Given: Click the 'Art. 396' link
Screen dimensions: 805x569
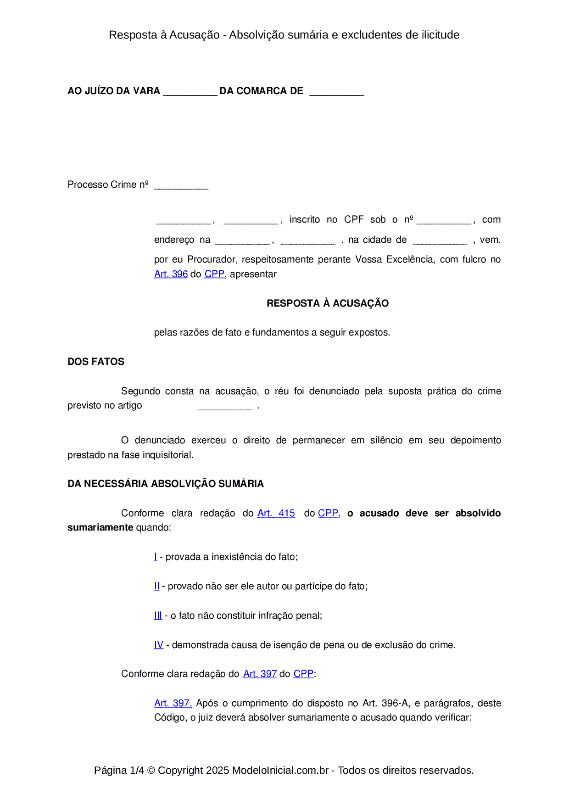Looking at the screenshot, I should click(x=171, y=274).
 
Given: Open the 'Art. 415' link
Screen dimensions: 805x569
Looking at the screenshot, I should click(x=276, y=513).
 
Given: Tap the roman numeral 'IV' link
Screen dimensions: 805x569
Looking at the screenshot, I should click(x=158, y=645).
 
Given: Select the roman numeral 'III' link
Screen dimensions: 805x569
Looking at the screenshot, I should click(x=158, y=615).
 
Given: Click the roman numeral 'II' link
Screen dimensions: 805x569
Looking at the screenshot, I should click(x=156, y=586).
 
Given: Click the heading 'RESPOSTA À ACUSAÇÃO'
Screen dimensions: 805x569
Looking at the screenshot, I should click(x=328, y=303).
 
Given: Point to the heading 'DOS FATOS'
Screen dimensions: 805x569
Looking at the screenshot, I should click(x=96, y=362).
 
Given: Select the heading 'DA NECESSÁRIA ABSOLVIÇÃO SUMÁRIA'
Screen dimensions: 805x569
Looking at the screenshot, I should click(x=166, y=484).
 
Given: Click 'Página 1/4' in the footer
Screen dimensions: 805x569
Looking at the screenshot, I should click(x=119, y=770).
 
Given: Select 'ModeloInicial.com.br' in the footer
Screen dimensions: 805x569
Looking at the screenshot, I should click(x=280, y=770).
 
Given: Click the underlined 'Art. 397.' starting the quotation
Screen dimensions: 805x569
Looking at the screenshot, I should click(x=173, y=703).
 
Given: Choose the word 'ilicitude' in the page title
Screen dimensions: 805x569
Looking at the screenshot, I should click(x=441, y=35).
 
